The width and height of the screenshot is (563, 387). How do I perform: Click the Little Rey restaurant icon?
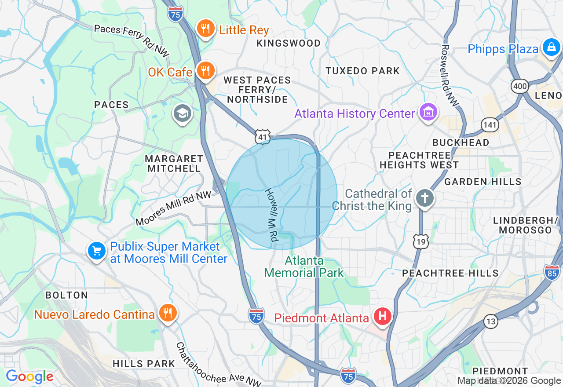(x=205, y=29)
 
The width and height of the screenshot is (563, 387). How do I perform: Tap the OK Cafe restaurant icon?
(x=205, y=70)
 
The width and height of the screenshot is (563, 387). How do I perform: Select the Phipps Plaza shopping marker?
(x=551, y=47)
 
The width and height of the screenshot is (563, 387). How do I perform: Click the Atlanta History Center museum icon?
(x=428, y=113)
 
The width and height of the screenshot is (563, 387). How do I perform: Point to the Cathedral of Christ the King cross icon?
(x=424, y=198)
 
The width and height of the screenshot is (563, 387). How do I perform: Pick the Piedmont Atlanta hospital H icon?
(x=382, y=317)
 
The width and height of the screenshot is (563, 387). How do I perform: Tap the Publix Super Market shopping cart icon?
(x=97, y=251)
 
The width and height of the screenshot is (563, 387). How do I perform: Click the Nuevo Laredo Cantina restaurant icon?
(x=168, y=314)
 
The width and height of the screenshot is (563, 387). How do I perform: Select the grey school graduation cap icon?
(x=182, y=114)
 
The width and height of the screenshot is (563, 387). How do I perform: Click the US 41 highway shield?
(x=263, y=137)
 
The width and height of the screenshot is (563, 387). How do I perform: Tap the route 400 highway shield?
(x=520, y=86)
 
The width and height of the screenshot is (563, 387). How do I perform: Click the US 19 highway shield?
(x=421, y=241)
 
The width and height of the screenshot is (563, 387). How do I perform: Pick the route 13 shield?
(x=491, y=321)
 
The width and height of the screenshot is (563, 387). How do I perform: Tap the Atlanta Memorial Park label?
(x=304, y=267)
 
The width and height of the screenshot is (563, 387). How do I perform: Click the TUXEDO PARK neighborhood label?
(x=362, y=71)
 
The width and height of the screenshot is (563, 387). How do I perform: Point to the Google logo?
(x=29, y=376)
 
